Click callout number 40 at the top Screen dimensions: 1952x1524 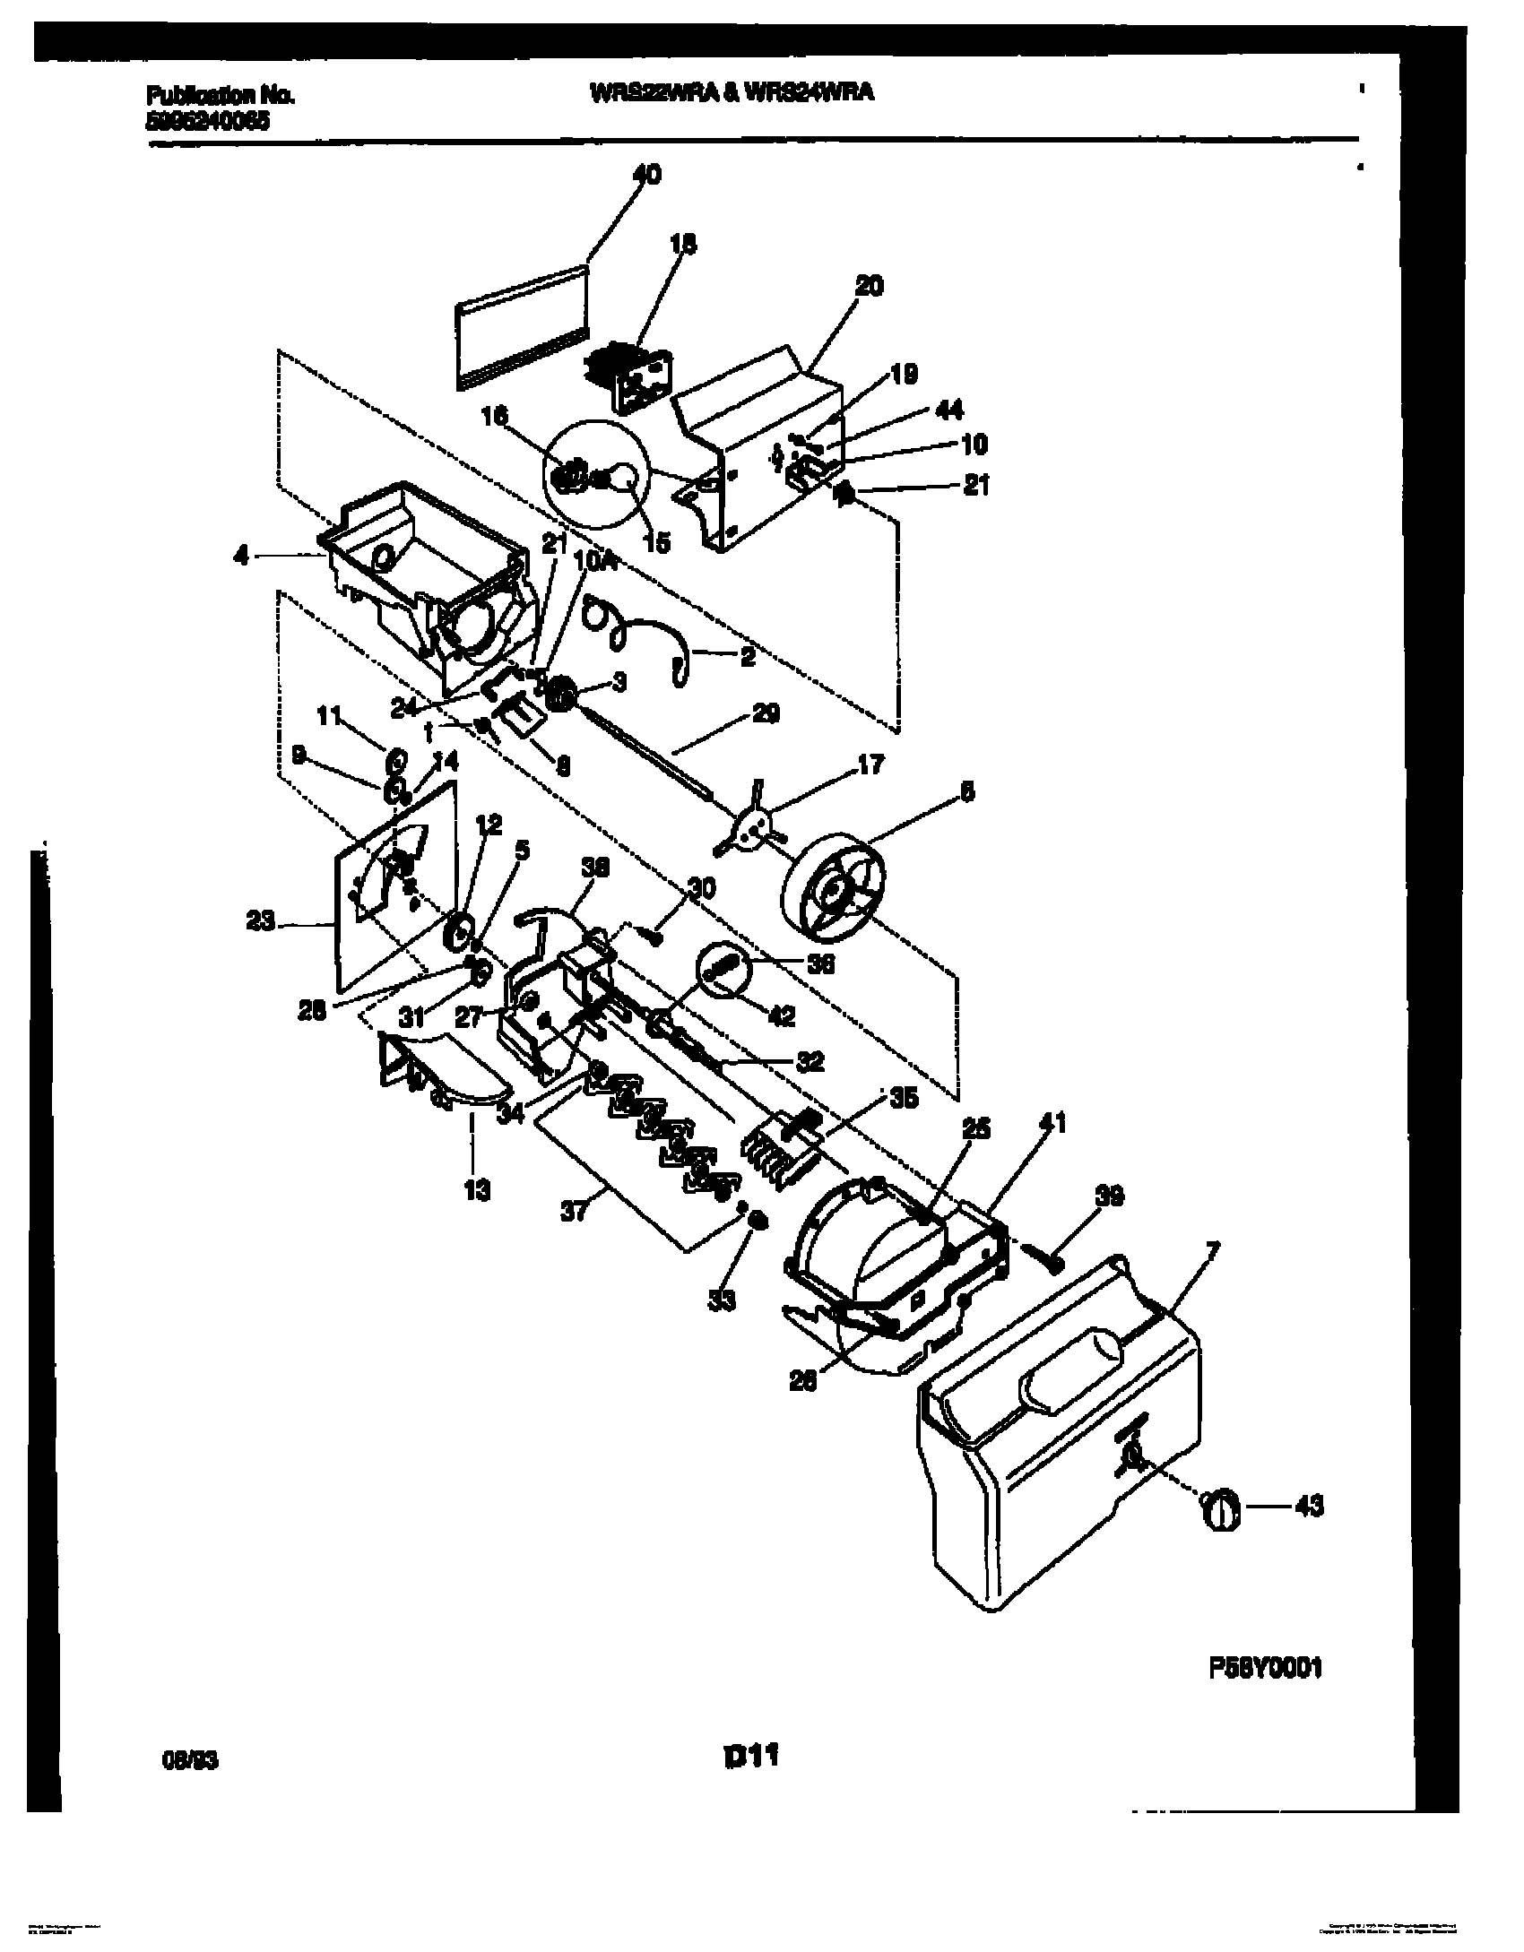[646, 174]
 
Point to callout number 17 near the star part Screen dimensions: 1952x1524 [870, 764]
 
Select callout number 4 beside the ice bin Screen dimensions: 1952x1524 [240, 557]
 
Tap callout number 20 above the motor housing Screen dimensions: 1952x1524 [869, 286]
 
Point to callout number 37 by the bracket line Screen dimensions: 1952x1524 [574, 1212]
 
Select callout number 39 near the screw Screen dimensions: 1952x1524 [1110, 1196]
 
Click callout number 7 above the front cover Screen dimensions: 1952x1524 [1212, 1249]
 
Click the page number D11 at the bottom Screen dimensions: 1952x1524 [749, 1757]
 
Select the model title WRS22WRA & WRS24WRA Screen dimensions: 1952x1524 [731, 92]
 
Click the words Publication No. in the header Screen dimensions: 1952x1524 [219, 95]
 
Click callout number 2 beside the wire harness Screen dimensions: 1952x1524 [747, 657]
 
